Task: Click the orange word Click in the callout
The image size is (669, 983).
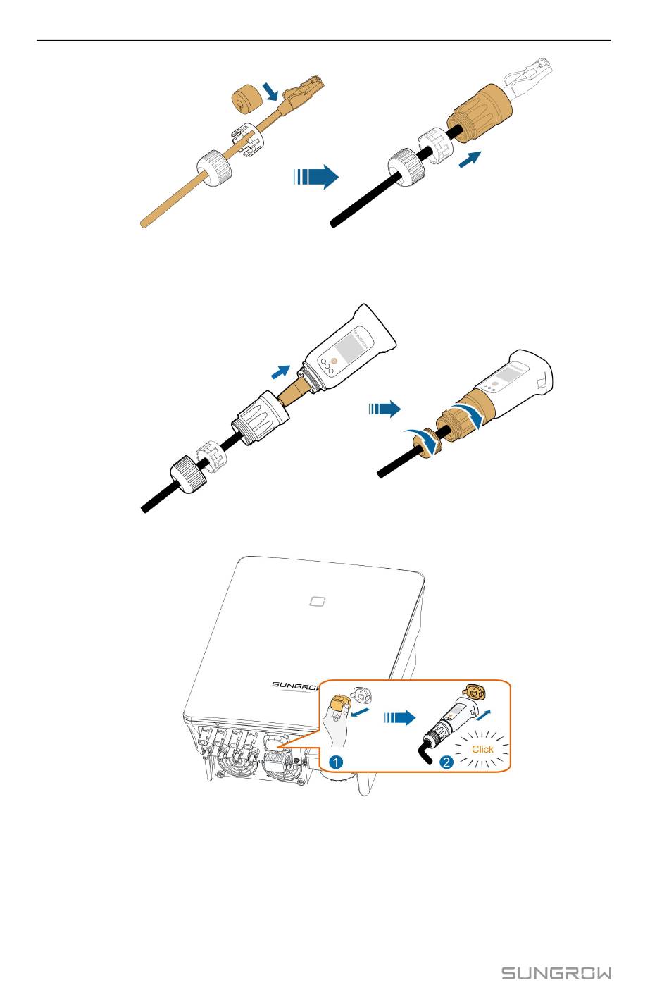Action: coord(482,749)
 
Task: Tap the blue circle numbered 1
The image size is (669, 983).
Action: coord(336,762)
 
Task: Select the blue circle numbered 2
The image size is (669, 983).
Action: coord(446,762)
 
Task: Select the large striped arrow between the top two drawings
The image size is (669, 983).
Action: coord(315,177)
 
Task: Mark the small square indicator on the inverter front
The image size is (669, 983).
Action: coord(317,601)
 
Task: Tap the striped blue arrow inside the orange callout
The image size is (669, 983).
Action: coord(399,718)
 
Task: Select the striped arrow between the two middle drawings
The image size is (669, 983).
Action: coord(384,409)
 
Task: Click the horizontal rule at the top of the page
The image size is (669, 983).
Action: coord(324,41)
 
